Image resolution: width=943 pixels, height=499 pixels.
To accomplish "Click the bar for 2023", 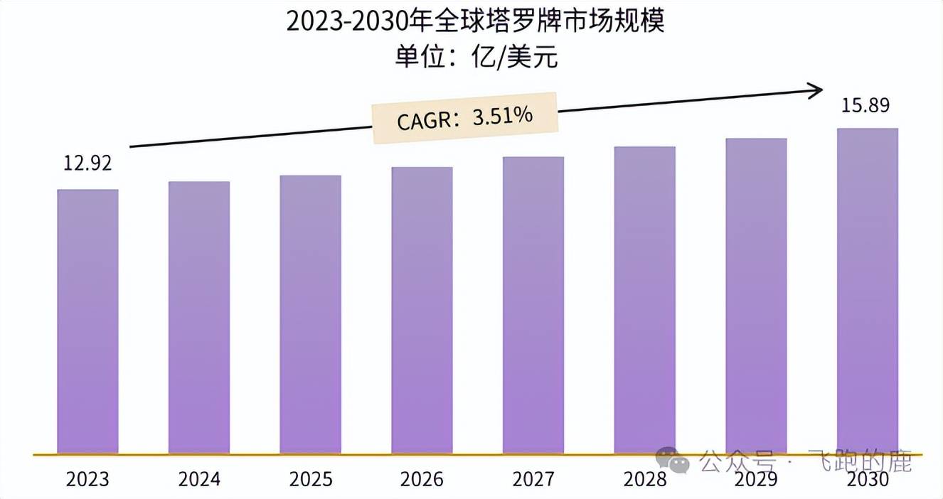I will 87,321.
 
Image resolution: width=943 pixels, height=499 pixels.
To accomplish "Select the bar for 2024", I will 199,317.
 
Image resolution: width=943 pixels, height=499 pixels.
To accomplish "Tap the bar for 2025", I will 310,314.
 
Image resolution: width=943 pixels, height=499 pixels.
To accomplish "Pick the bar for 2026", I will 422,310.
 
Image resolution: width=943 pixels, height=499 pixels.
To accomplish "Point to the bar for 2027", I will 533,305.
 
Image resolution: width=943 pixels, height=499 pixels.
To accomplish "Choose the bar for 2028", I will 644,300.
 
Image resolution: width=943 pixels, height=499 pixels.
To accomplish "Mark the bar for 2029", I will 756,296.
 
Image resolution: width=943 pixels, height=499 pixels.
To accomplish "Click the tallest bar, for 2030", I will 868,291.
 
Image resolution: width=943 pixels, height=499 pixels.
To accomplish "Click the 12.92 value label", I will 87,163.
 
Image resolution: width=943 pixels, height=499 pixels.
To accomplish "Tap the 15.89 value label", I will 865,106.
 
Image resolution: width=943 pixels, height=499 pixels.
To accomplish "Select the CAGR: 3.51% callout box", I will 466,117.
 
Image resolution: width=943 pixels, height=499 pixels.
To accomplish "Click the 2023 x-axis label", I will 87,479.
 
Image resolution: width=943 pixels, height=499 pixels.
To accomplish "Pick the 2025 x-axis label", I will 310,479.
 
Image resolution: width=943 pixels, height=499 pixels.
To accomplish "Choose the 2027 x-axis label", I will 533,479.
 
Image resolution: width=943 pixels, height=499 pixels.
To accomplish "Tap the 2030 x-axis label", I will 868,479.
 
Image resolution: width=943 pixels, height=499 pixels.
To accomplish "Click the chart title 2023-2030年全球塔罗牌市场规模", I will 475,22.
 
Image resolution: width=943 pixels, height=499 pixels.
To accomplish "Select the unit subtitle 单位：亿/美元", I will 475,57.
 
